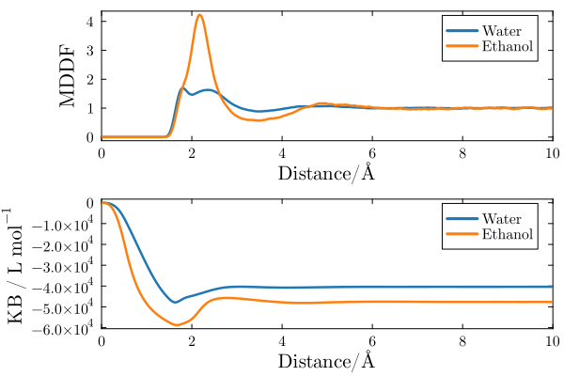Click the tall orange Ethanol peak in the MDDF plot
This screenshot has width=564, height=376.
point(199,15)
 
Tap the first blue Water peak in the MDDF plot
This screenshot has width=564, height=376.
point(182,89)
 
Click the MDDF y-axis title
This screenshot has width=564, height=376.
point(68,74)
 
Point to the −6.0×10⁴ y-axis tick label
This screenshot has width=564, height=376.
point(63,328)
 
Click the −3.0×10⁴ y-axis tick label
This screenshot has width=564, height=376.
point(63,266)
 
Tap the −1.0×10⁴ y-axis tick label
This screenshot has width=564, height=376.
point(63,224)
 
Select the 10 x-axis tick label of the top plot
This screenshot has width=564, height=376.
point(551,152)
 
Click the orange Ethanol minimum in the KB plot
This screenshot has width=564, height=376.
point(176,325)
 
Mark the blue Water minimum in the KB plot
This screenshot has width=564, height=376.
point(175,302)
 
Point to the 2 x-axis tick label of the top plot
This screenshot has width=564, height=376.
point(192,152)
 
